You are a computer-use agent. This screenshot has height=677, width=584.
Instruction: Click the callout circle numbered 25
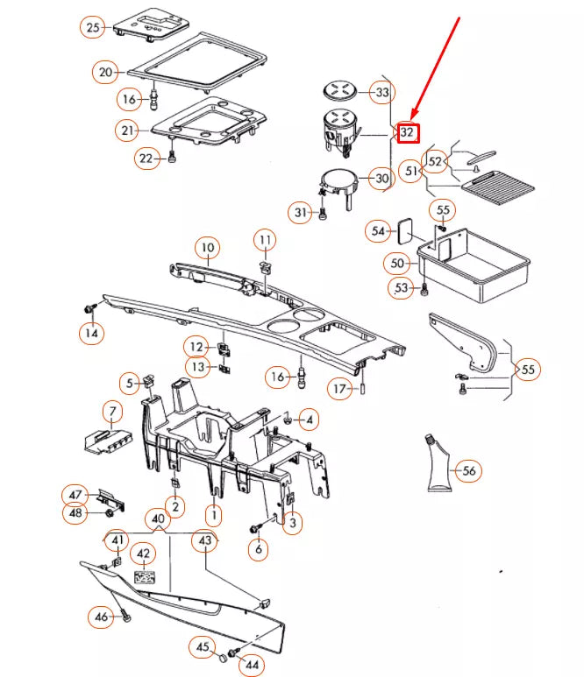pyautogui.click(x=93, y=28)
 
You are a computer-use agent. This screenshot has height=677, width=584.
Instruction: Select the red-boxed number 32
pyautogui.click(x=407, y=133)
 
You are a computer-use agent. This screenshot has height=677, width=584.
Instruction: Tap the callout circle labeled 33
pyautogui.click(x=381, y=92)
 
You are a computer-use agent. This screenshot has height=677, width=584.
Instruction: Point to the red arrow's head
pyautogui.click(x=411, y=117)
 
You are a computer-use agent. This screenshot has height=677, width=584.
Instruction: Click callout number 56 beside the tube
pyautogui.click(x=469, y=471)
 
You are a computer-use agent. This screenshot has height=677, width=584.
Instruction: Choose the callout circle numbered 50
pyautogui.click(x=397, y=262)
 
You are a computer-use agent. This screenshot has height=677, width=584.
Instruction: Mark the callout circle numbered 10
pyautogui.click(x=206, y=248)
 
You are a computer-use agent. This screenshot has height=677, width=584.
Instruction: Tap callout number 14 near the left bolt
pyautogui.click(x=90, y=333)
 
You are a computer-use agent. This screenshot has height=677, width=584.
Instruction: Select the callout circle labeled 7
pyautogui.click(x=111, y=411)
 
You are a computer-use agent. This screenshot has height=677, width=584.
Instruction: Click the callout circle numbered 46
pyautogui.click(x=102, y=618)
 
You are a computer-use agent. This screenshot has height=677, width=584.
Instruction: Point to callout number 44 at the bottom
pyautogui.click(x=253, y=666)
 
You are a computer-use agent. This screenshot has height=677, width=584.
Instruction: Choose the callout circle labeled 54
pyautogui.click(x=379, y=231)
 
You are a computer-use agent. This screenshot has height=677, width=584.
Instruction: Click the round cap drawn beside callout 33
pyautogui.click(x=338, y=89)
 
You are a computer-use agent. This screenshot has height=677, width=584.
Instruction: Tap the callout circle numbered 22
pyautogui.click(x=146, y=159)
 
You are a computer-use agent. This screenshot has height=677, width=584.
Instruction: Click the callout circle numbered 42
pyautogui.click(x=143, y=555)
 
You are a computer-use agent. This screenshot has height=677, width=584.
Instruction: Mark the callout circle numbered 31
pyautogui.click(x=301, y=213)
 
